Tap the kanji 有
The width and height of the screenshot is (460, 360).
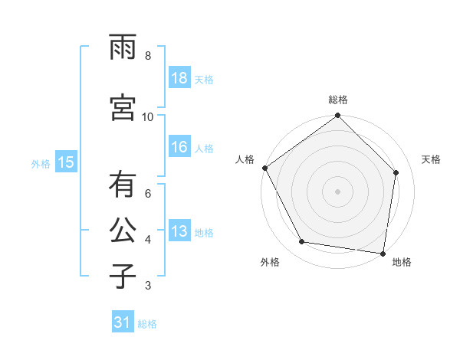point(122,186)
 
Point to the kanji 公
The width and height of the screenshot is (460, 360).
point(122,231)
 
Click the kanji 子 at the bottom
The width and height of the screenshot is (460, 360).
point(122,275)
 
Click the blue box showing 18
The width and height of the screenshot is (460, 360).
point(179,78)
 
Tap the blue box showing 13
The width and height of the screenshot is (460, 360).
point(179,231)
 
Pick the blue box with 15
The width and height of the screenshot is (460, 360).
point(65,162)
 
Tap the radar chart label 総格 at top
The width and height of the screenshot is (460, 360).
point(338,100)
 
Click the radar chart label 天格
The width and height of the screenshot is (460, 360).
point(431,159)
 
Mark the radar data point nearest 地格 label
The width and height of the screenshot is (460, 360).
point(383,253)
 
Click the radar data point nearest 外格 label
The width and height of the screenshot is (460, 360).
point(302,242)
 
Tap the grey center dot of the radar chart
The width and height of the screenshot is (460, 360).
point(338,191)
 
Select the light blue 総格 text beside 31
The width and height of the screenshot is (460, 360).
point(147,324)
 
